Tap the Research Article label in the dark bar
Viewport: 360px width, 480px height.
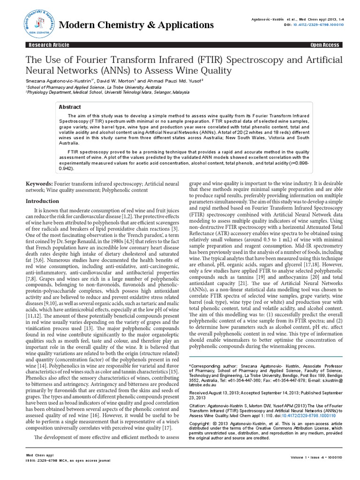[49, 45]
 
